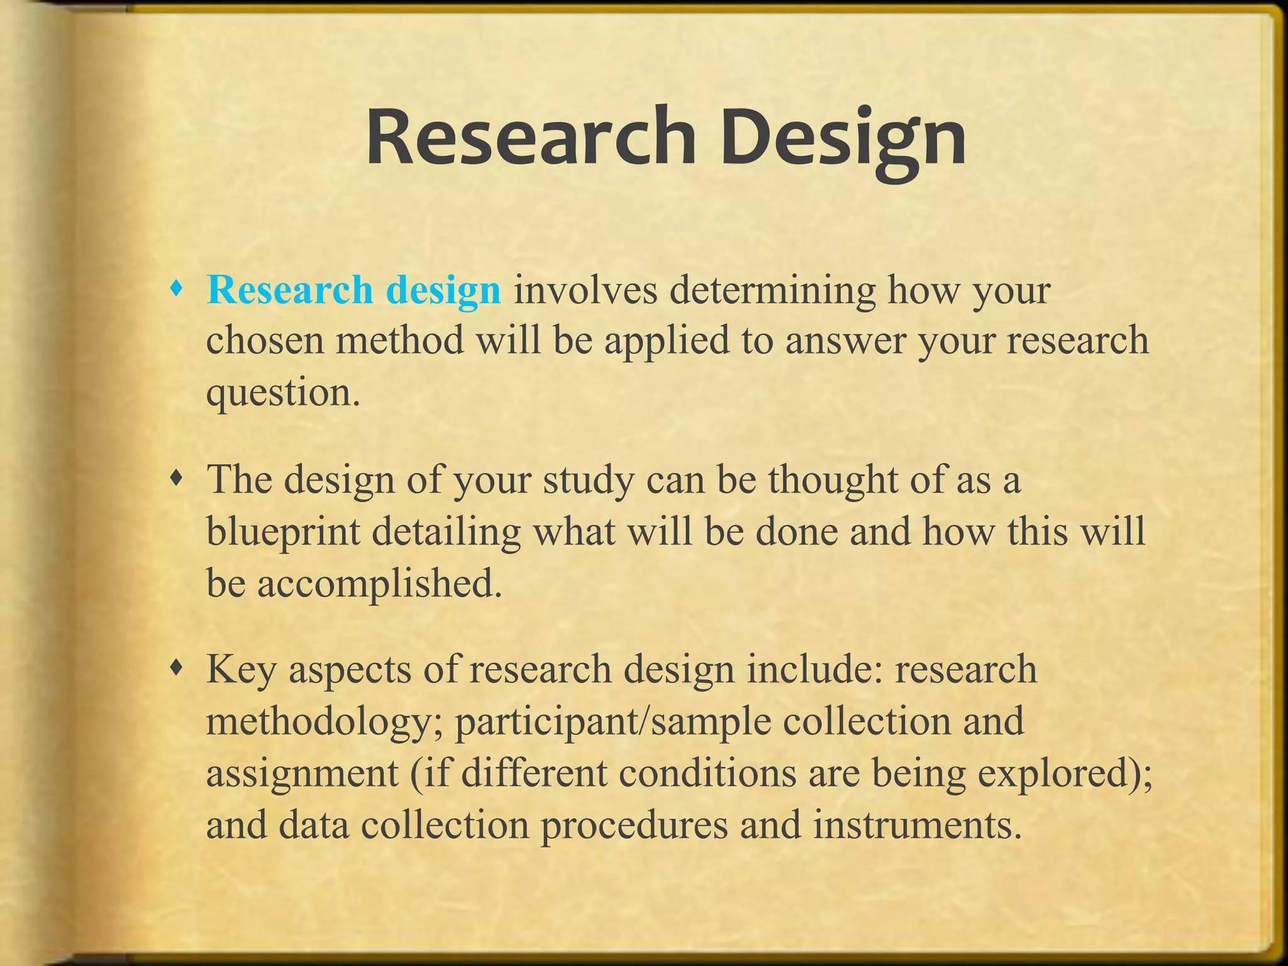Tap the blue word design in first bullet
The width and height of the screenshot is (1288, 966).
[x=443, y=291]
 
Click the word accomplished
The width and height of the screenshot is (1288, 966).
[x=380, y=583]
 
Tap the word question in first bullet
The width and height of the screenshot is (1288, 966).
[x=283, y=393]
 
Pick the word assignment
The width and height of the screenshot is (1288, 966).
[x=303, y=773]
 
